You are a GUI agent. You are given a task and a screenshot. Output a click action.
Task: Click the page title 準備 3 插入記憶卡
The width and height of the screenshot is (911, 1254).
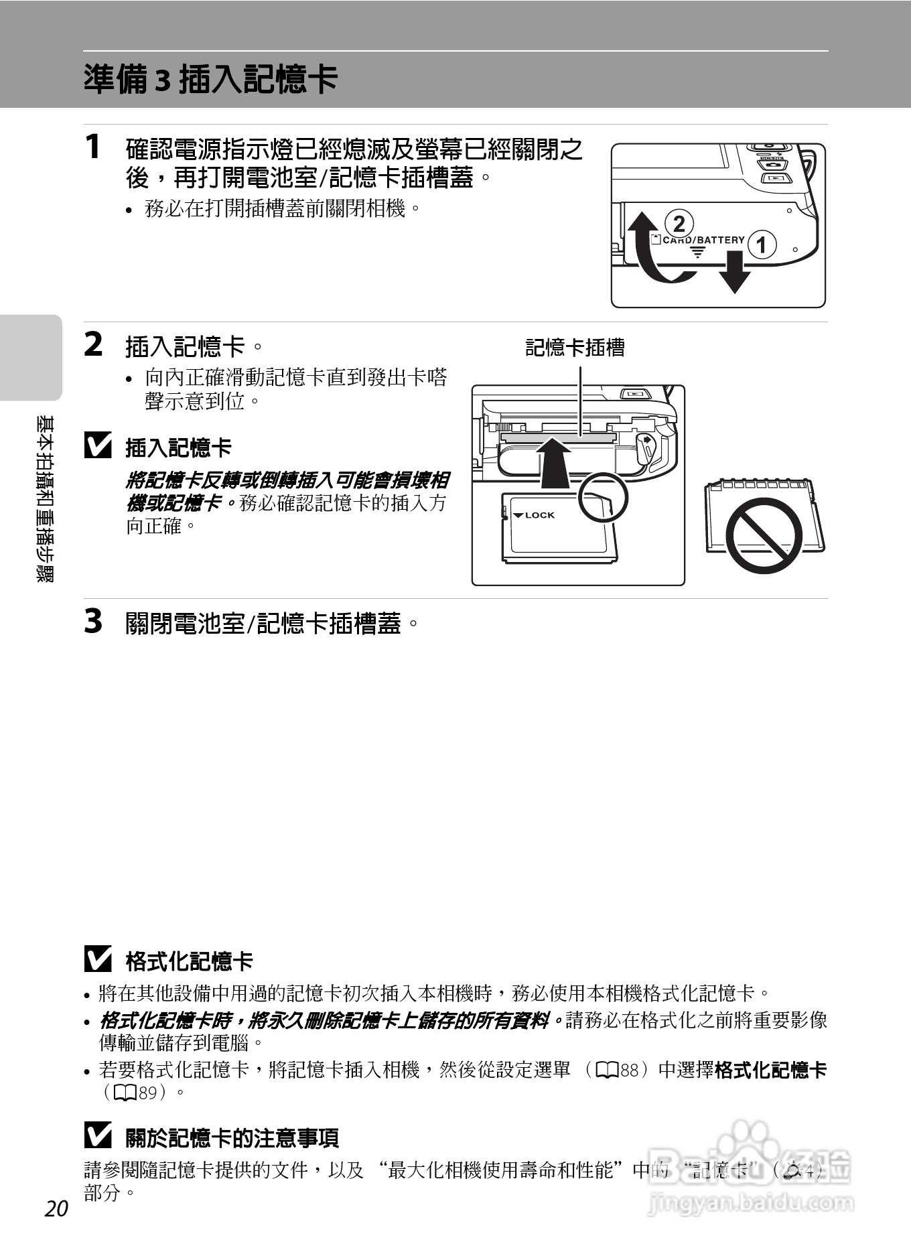click(210, 80)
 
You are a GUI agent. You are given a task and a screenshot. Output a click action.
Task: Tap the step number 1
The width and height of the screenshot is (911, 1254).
click(94, 147)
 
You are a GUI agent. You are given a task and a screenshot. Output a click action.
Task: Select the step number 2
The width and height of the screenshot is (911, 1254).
click(94, 345)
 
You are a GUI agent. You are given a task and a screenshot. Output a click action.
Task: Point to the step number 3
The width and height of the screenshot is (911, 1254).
click(94, 621)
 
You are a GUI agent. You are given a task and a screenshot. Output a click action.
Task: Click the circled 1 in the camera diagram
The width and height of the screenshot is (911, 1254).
click(762, 245)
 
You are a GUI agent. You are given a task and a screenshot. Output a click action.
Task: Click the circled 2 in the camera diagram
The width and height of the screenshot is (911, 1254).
click(679, 224)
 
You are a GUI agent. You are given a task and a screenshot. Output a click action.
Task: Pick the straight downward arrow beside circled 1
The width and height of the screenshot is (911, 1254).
click(735, 271)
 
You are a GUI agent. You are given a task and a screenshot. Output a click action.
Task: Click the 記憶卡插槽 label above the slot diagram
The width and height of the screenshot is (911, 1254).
click(575, 348)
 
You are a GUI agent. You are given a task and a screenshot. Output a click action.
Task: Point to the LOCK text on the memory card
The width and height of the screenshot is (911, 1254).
click(539, 515)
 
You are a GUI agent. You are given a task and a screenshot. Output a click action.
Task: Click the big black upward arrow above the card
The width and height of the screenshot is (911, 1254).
click(554, 462)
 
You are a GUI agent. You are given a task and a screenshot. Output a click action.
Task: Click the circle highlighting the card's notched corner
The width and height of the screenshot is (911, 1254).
click(602, 498)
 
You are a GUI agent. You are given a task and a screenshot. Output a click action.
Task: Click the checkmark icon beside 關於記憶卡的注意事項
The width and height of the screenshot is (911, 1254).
click(98, 1136)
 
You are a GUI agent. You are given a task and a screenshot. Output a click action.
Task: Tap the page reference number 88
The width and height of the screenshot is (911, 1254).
click(629, 1070)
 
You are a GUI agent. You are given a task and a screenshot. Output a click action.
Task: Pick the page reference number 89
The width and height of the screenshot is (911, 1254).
click(147, 1093)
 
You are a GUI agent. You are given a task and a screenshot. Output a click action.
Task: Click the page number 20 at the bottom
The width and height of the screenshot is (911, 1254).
click(57, 1208)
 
